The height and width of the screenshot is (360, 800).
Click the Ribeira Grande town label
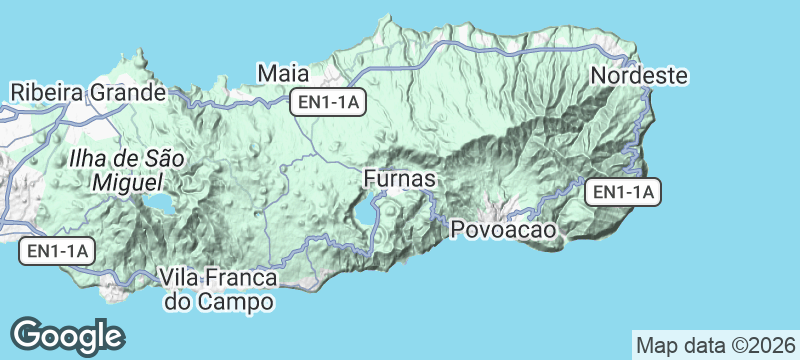(x=87, y=93)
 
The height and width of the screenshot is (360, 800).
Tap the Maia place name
(x=282, y=73)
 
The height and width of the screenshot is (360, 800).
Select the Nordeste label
(x=640, y=75)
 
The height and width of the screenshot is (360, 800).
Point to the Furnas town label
(x=399, y=179)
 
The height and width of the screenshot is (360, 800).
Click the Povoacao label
(x=503, y=230)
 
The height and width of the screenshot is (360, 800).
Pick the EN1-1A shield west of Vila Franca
(x=57, y=252)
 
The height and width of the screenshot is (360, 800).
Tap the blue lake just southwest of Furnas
(x=359, y=215)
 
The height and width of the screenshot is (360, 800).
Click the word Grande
(x=124, y=93)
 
